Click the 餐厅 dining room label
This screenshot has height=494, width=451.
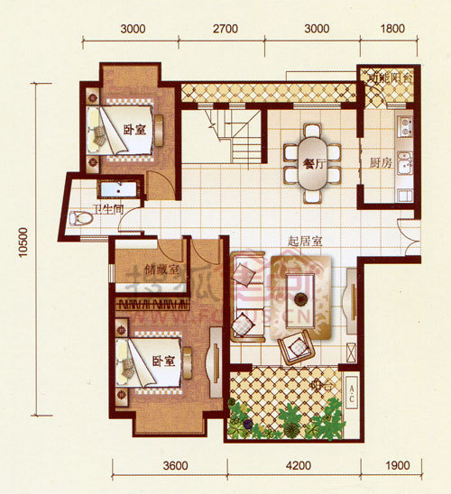click(315, 163)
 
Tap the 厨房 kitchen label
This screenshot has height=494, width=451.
click(380, 164)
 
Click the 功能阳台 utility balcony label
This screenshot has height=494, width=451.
click(389, 78)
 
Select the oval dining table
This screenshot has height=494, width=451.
click(313, 162)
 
